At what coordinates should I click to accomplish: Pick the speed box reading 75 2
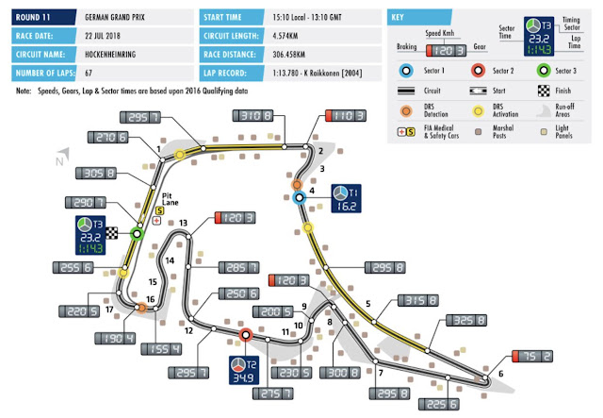534,356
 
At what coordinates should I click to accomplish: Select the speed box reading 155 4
160,348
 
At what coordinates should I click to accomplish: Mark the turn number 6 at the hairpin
500,374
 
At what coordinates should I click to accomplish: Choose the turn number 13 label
184,223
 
